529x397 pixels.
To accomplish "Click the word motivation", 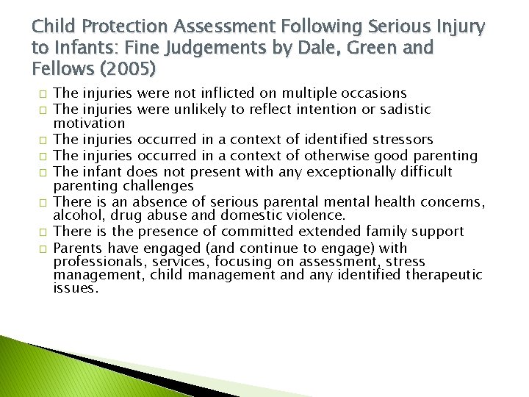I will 89,123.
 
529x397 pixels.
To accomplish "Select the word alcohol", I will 76,216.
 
